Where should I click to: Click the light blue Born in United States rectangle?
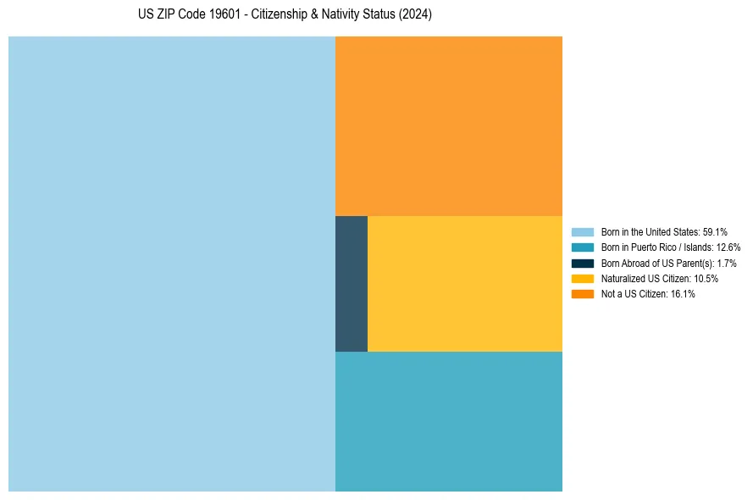point(172,264)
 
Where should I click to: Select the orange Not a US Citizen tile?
point(449,126)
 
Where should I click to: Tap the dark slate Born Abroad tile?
point(352,284)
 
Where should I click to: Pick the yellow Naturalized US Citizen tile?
point(465,284)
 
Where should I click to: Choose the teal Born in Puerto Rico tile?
point(449,421)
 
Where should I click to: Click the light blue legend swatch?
point(583,232)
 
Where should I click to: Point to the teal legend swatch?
point(583,247)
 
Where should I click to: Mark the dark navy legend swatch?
point(583,264)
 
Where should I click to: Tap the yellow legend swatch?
point(583,279)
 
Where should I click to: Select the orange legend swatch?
point(583,294)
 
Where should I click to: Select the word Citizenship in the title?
point(280,15)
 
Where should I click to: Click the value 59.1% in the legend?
point(715,232)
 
